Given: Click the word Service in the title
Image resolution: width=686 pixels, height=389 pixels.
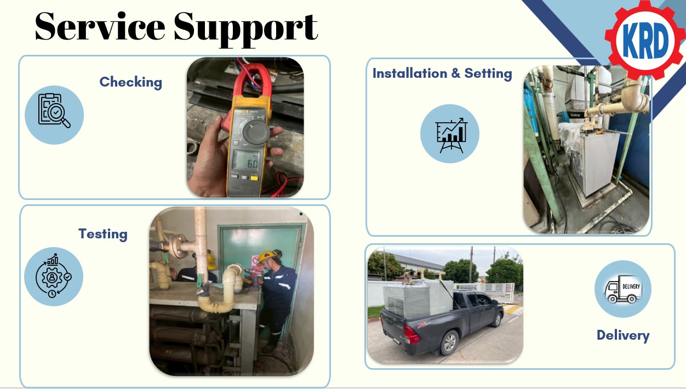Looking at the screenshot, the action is point(100,26).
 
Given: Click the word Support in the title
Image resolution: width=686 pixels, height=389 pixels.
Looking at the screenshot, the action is point(245,29).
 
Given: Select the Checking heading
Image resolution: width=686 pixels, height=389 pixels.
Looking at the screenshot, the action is point(131,82).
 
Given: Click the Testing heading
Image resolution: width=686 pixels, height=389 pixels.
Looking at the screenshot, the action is point(103,234).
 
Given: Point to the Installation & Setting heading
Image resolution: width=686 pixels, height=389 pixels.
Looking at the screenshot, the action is point(442,73).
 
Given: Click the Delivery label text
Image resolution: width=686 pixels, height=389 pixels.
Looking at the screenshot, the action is point(623,335).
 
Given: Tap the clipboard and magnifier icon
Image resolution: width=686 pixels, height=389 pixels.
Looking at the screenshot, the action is point(54,111).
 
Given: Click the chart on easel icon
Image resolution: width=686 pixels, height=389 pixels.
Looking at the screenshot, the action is point(451,135).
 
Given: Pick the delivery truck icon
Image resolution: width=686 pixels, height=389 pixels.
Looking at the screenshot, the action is point(623,289).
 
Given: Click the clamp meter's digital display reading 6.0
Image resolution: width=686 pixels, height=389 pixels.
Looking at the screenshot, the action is point(246,160).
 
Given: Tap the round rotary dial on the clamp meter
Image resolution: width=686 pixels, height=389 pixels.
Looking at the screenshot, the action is point(256,132).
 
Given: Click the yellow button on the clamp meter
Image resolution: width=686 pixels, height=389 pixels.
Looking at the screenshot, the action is point(254,178).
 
